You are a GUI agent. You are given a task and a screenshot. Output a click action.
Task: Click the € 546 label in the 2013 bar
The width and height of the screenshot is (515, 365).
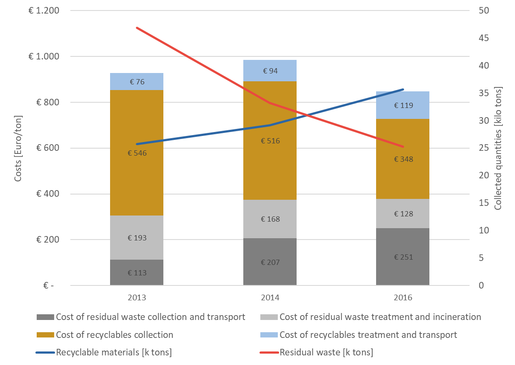137,153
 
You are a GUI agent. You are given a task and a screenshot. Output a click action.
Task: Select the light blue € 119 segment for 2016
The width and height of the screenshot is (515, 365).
403,105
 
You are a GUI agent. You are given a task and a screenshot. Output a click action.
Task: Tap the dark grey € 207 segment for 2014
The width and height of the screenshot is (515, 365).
270,262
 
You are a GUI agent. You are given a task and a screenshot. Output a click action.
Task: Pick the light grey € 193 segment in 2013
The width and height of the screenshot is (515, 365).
137,238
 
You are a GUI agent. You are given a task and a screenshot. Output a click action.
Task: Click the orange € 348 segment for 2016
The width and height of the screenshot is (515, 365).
403,159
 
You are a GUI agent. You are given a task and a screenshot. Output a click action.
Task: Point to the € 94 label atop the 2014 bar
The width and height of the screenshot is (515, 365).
270,71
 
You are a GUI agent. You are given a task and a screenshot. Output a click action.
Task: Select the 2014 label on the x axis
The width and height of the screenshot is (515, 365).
270,298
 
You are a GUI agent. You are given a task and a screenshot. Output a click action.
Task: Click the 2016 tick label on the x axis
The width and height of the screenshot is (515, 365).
403,298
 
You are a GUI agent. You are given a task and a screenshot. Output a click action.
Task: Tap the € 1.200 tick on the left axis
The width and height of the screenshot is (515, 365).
41,11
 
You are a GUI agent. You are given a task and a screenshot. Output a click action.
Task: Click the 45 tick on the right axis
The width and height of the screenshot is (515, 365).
483,38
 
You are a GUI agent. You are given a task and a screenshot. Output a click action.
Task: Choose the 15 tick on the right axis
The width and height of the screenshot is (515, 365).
483,203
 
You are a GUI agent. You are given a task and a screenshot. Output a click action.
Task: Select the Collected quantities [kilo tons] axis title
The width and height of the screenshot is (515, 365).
498,149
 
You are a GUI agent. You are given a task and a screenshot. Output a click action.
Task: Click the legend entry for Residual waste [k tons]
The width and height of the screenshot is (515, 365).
326,352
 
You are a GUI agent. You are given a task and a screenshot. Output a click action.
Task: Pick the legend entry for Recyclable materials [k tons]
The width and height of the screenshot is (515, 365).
114,352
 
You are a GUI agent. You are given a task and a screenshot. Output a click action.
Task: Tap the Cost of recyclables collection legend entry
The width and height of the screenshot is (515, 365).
114,335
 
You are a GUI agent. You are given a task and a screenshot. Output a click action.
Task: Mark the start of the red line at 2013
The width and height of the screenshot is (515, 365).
137,28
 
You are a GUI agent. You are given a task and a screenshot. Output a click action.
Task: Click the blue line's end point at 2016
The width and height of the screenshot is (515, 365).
403,89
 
